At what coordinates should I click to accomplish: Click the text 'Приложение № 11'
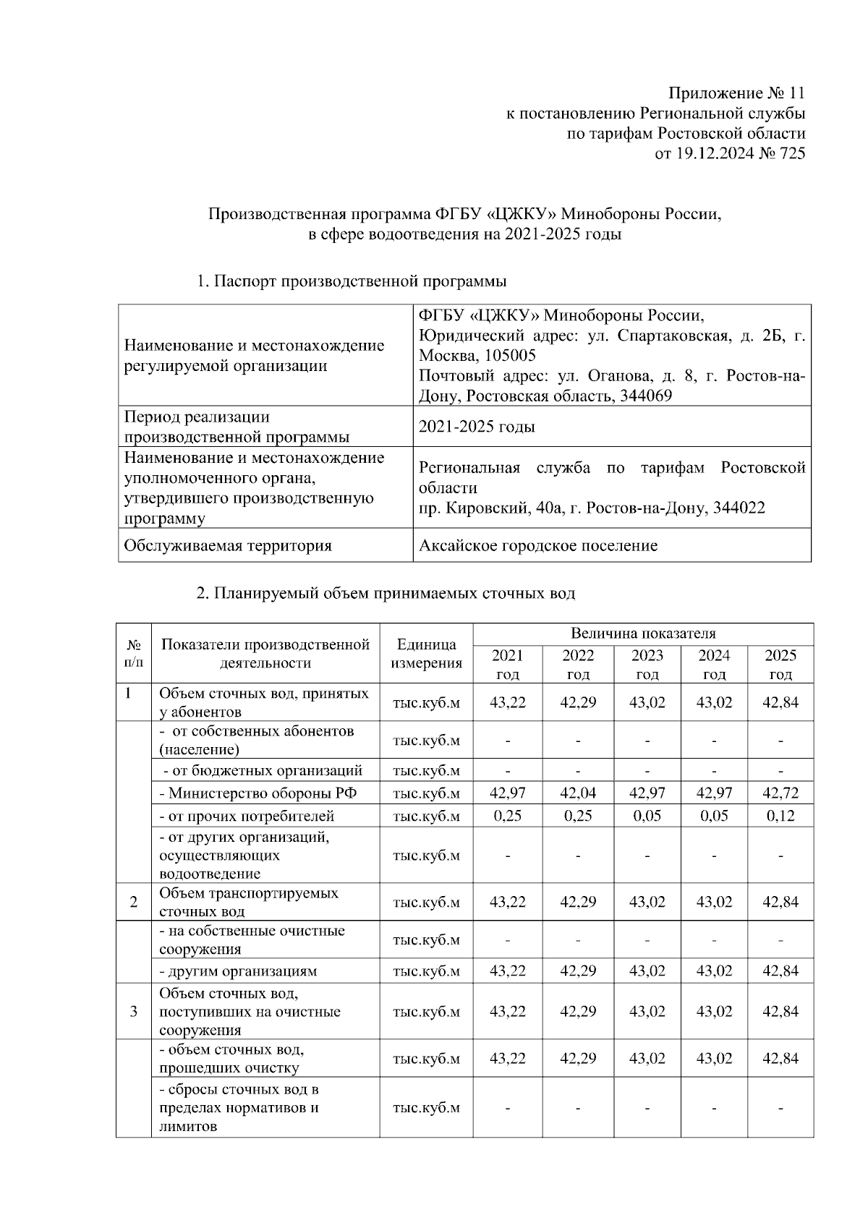pyautogui.click(x=736, y=93)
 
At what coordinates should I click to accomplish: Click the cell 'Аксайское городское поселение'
pyautogui.click(x=538, y=545)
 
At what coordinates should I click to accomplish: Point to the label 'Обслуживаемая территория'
pyautogui.click(x=228, y=545)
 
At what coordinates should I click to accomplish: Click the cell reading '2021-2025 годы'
pyautogui.click(x=477, y=427)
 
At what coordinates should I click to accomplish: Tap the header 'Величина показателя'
pyautogui.click(x=643, y=634)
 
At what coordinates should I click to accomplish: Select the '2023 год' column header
pyautogui.click(x=647, y=665)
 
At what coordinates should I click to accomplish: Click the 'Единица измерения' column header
pyautogui.click(x=427, y=654)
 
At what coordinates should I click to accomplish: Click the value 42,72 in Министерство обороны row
pyautogui.click(x=780, y=793)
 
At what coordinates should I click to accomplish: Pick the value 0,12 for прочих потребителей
pyautogui.click(x=780, y=816)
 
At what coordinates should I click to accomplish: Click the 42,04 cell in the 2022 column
pyautogui.click(x=578, y=793)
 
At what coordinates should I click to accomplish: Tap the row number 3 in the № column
pyautogui.click(x=134, y=1011)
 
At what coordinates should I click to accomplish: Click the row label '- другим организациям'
pyautogui.click(x=238, y=971)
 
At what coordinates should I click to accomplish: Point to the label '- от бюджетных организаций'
pyautogui.click(x=262, y=770)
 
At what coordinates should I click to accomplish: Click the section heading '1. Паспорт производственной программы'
pyautogui.click(x=352, y=281)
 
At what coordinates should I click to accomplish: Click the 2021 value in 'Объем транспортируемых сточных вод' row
pyautogui.click(x=508, y=902)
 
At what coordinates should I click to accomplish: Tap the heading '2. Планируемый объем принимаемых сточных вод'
pyautogui.click(x=386, y=594)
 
